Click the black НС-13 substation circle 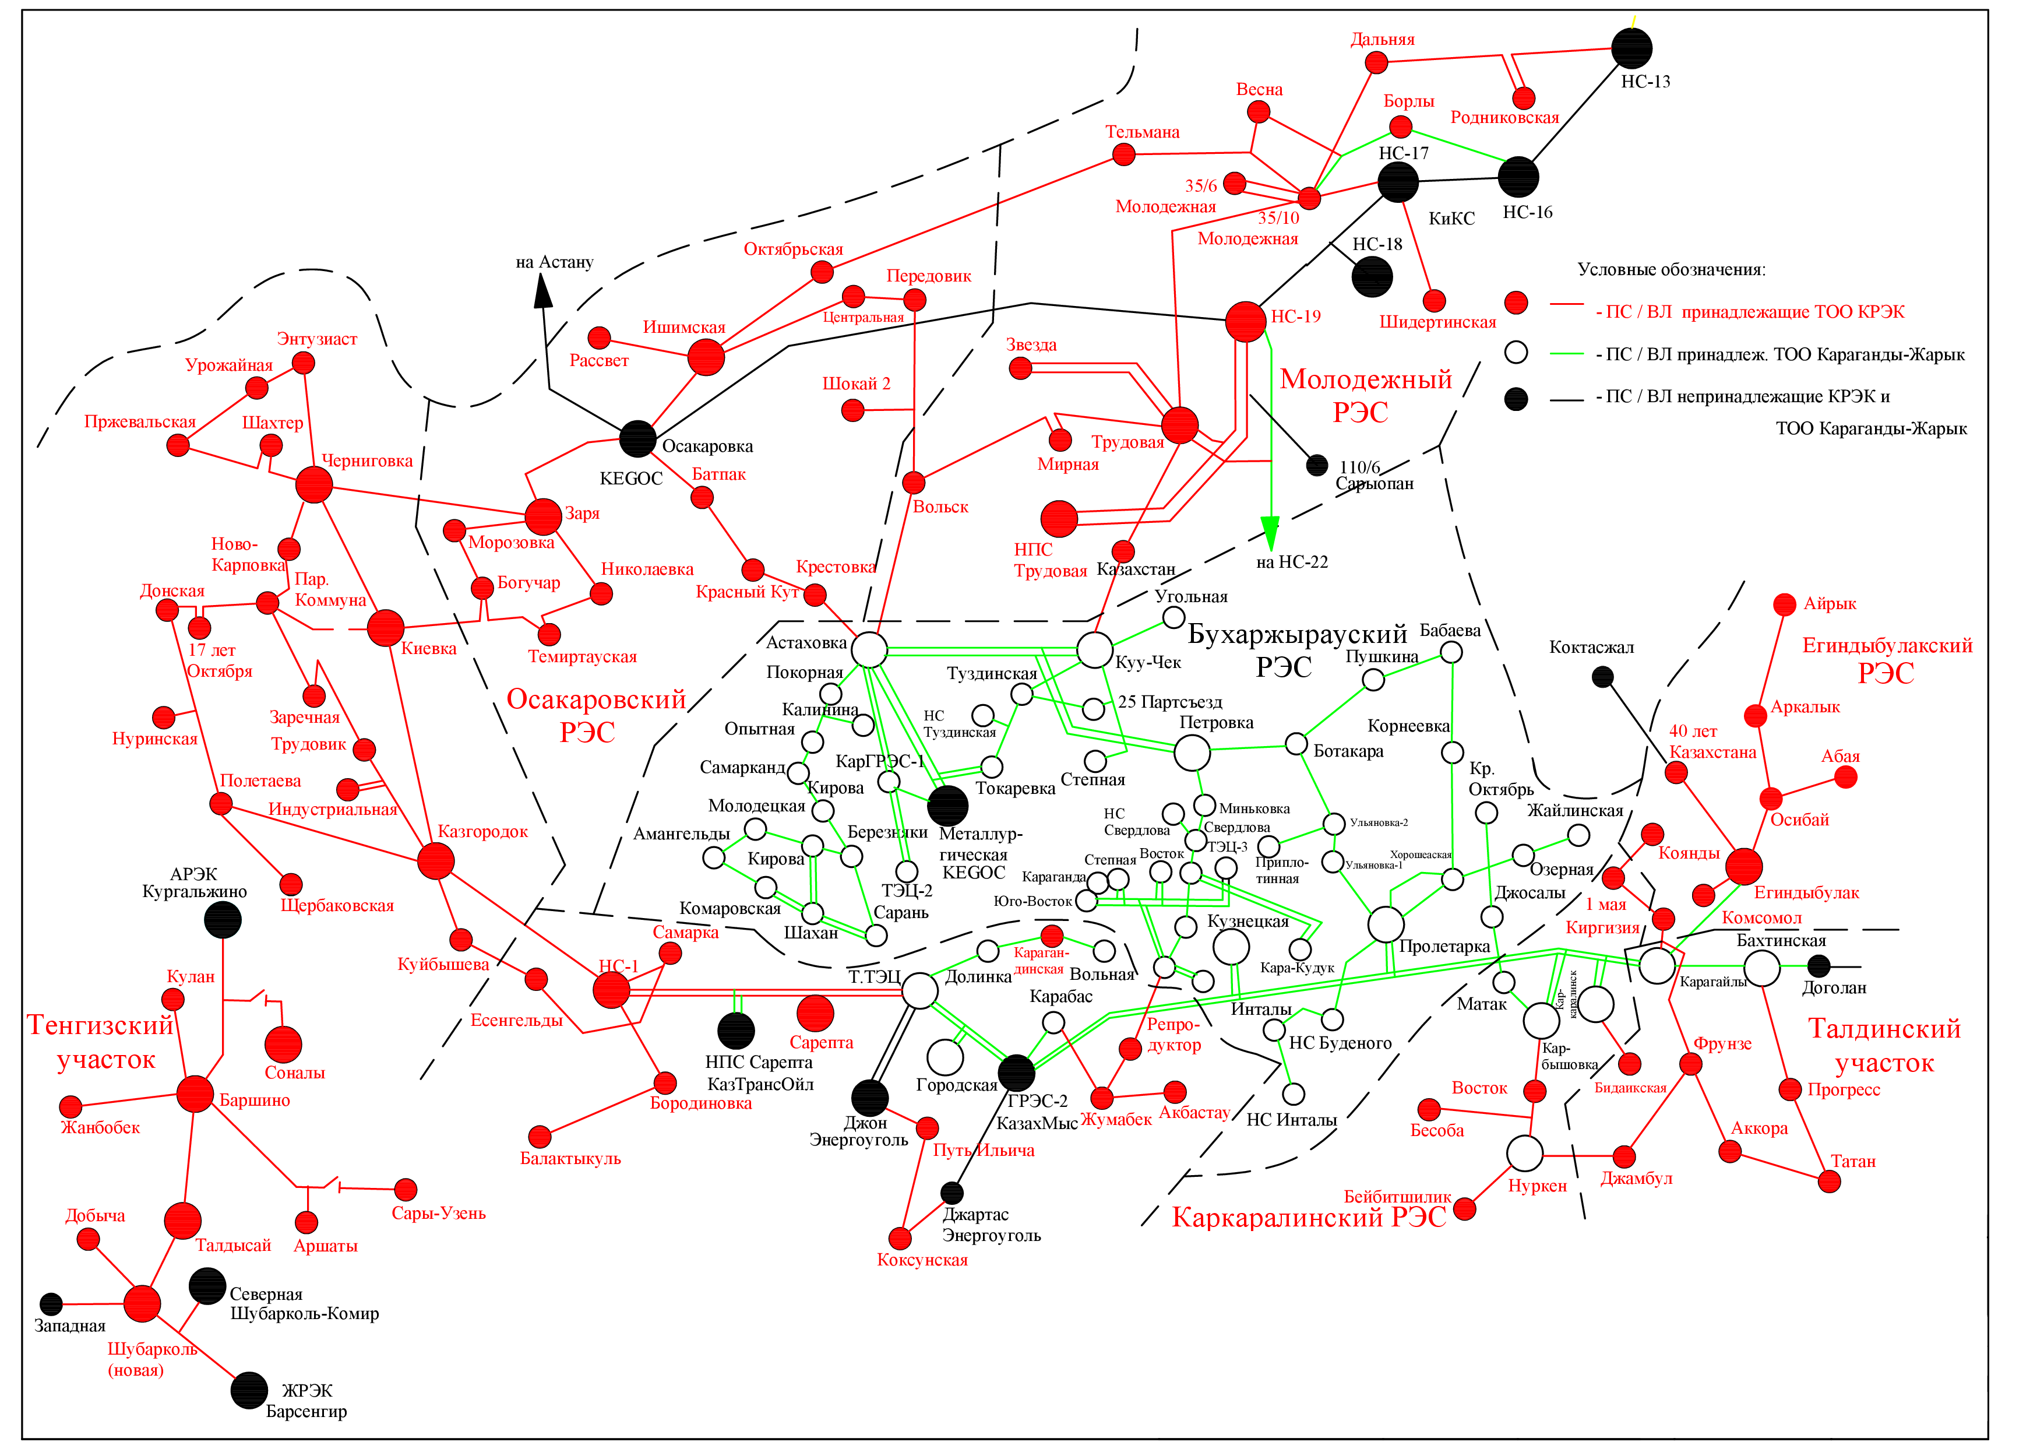1631,48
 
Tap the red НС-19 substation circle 1245,321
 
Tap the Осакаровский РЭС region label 595,715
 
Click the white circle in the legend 1516,353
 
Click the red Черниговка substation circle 313,485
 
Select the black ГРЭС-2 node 1016,1073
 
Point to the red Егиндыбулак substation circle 1743,866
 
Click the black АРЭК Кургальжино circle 223,920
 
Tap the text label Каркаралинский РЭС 1309,1217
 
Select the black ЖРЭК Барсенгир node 249,1391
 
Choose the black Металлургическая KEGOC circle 947,805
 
